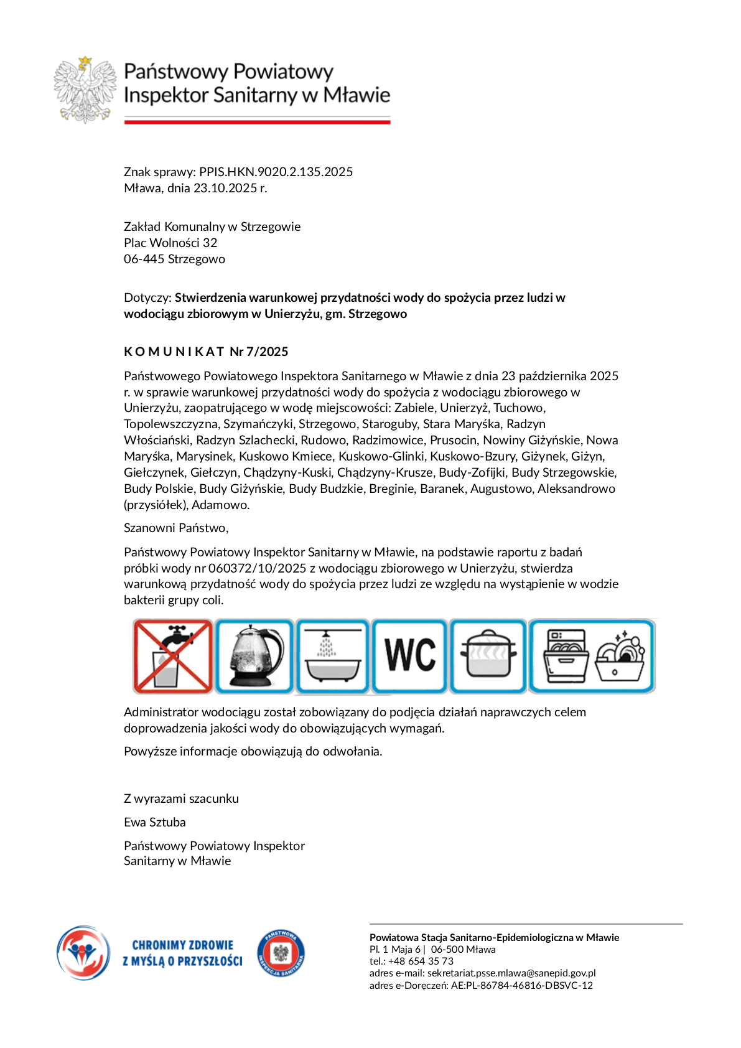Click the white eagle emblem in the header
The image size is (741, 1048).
click(85, 90)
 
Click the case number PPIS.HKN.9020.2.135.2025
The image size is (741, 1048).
click(276, 172)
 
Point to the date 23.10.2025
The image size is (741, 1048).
click(225, 188)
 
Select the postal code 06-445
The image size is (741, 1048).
click(144, 259)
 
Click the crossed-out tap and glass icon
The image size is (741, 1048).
click(173, 656)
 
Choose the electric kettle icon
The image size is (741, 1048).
click(254, 656)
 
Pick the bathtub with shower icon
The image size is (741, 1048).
click(333, 656)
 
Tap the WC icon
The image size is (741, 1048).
click(410, 656)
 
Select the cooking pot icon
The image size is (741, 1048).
click(488, 656)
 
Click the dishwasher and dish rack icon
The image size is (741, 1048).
click(592, 656)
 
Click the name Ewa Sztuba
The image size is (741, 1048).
click(155, 822)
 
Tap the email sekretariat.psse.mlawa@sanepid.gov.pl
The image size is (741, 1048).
click(511, 973)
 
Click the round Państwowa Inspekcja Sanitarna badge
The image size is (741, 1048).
click(281, 953)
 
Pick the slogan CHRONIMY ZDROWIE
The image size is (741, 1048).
click(183, 945)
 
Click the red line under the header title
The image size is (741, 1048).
click(257, 122)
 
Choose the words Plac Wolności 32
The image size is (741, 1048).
click(170, 243)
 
